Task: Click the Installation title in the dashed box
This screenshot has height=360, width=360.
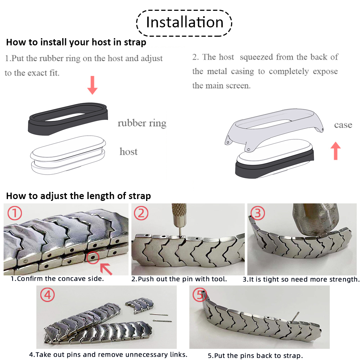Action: pos(184,22)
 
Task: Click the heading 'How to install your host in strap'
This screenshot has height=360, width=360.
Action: pos(76,42)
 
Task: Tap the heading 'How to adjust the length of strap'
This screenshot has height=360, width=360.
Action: pos(78,196)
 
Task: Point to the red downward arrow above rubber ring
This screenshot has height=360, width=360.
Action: pos(93,85)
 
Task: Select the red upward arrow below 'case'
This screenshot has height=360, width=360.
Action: pos(336,150)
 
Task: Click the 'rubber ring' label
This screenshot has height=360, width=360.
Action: pos(142,123)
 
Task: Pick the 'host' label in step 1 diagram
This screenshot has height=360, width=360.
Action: pos(129,152)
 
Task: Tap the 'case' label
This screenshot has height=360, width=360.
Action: pos(343,125)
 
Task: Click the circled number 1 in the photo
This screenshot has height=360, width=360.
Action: pos(15,213)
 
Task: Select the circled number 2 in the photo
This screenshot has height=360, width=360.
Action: pos(141,213)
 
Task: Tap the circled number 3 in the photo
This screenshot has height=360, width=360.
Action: pos(257,213)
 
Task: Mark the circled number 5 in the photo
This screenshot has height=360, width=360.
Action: pos(199,295)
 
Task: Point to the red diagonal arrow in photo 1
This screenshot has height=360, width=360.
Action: pos(106,268)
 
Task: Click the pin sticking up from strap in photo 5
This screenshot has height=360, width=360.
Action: pos(296,317)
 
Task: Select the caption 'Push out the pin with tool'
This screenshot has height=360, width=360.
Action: pos(184,279)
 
